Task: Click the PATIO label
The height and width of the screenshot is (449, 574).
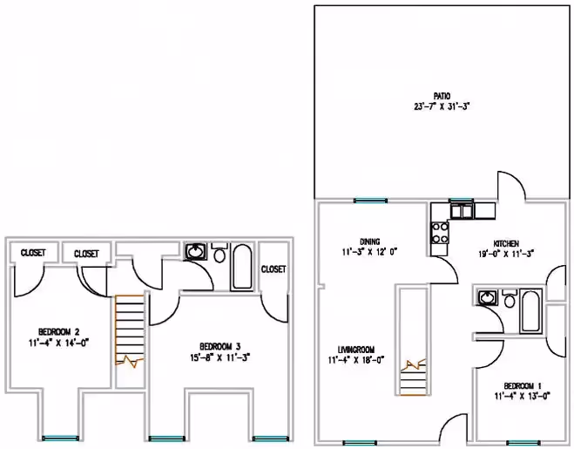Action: pos(442,97)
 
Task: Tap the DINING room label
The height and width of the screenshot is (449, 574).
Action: pos(368,242)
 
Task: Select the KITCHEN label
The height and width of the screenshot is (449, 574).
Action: pos(507,243)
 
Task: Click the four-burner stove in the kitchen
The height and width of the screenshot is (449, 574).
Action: pos(440,232)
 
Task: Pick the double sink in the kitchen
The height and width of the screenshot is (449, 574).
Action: pos(461,210)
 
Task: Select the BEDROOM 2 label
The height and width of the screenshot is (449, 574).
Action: pos(59,331)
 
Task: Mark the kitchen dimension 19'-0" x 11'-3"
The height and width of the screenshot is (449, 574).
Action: pos(507,254)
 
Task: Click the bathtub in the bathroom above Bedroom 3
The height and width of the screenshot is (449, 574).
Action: pos(241,267)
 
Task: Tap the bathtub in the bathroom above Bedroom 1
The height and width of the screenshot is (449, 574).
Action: pos(529,312)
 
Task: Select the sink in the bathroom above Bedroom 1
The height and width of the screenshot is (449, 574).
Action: pos(486,298)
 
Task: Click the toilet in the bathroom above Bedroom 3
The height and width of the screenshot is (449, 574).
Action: pos(219,259)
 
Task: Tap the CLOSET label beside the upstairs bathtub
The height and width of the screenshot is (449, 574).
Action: pos(273,269)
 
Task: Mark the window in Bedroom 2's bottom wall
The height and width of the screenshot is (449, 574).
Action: pos(58,437)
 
